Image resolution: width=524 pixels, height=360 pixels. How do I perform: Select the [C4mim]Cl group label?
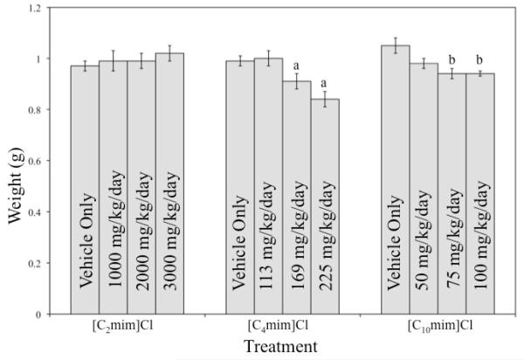tap(282, 325)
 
